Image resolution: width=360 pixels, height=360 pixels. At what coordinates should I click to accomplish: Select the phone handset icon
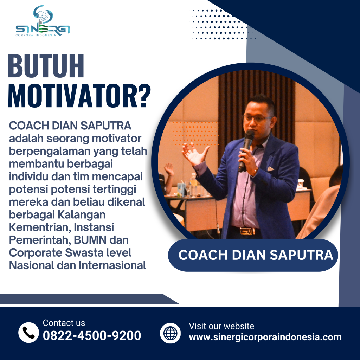[x=28, y=332]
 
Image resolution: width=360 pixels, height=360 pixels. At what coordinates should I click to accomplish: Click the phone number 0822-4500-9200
[x=92, y=335]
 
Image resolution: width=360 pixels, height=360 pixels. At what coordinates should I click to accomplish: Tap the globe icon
[x=170, y=333]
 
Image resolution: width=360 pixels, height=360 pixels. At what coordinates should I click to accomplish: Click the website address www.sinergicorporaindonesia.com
[x=265, y=337]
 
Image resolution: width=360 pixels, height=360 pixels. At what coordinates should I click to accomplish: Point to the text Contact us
[x=64, y=323]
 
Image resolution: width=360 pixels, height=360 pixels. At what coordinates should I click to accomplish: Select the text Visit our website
[x=221, y=326]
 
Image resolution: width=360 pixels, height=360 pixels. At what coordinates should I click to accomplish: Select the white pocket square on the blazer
[x=270, y=169]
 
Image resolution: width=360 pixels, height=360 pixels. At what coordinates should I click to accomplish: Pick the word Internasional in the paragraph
[x=112, y=265]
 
